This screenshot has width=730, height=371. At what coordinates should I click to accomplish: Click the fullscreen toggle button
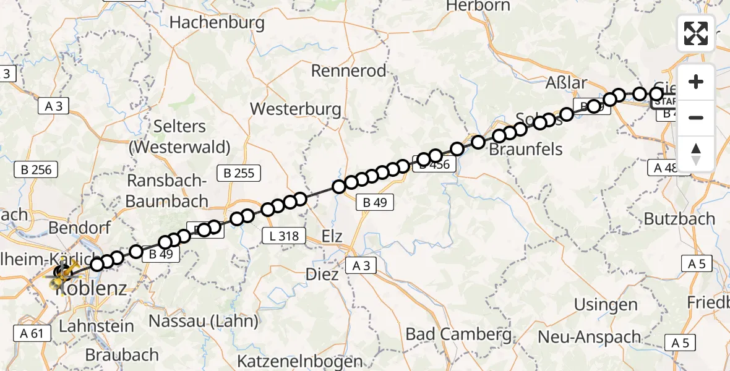tap(696, 33)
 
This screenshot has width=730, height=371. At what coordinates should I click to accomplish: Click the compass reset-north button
tap(696, 154)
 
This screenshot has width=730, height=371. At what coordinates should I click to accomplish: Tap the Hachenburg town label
tap(217, 23)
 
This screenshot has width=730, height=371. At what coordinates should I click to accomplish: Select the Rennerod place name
tap(348, 70)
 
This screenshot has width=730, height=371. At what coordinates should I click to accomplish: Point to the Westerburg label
tap(295, 109)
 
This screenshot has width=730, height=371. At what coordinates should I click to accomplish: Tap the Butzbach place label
tap(679, 219)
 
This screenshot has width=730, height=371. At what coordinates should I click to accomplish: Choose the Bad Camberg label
tap(459, 335)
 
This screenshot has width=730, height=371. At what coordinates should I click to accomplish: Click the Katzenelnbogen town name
tap(301, 362)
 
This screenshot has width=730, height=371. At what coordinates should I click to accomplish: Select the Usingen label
tap(606, 305)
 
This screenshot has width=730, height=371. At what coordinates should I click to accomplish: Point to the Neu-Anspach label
tap(589, 337)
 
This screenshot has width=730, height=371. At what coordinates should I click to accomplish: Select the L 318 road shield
tap(285, 236)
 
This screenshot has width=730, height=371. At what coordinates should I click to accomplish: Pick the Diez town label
tap(322, 274)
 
